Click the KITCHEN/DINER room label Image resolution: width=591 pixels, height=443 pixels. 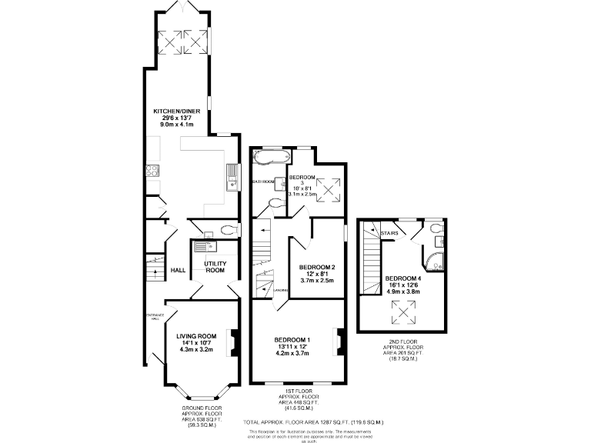[x=176, y=111]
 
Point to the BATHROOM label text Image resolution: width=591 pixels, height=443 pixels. [x=263, y=182]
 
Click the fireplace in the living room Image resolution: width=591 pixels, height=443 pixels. [x=232, y=339]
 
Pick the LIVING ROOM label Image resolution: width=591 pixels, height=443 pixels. [x=196, y=335]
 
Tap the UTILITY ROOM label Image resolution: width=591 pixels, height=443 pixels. [x=214, y=267]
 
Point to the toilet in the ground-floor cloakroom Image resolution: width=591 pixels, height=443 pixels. [x=227, y=229]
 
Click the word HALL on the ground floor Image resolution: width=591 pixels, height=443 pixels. [x=178, y=271]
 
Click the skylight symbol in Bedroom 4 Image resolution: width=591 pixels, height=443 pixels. [x=402, y=311]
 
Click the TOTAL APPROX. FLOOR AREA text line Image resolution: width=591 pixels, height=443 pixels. [x=312, y=423]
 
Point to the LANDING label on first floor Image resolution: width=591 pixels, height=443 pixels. [x=282, y=290]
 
